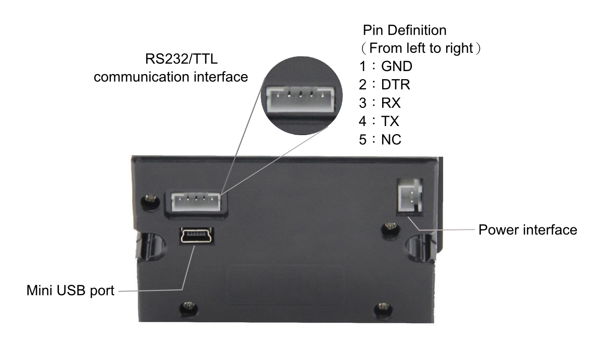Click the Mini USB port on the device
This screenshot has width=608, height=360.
(x=197, y=235)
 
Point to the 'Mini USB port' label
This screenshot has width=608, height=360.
(x=70, y=291)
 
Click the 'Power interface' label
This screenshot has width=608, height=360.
(x=527, y=230)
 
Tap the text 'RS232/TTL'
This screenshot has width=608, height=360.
(x=181, y=59)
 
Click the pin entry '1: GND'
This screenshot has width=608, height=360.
(x=386, y=67)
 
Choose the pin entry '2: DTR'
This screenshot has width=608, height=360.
(x=384, y=85)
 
